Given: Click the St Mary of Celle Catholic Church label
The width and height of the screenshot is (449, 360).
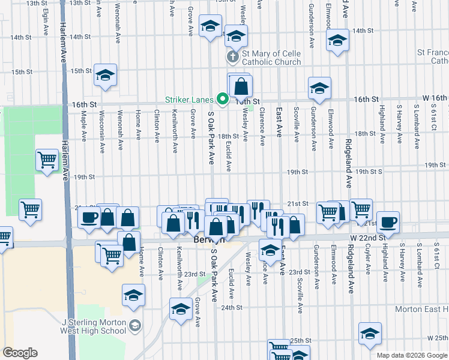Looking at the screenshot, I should tap(271, 58).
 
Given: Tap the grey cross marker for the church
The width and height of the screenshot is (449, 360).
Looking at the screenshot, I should tap(232, 58).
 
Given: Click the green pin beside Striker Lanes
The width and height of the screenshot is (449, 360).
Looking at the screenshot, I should tap(223, 98).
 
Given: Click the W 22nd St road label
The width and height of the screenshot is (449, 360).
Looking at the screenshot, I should tap(369, 238).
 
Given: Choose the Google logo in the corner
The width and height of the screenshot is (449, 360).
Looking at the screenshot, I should tap(20, 353).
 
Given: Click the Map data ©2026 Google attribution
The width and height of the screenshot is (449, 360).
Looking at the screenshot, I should tap(412, 355).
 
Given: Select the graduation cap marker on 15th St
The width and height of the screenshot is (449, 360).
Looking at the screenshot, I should tap(105, 76).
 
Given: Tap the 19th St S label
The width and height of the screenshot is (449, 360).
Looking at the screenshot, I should tap(369, 172).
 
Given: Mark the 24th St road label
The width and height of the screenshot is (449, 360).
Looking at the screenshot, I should tap(231, 308).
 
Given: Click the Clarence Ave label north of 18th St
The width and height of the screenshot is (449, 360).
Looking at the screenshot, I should tap(262, 126).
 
